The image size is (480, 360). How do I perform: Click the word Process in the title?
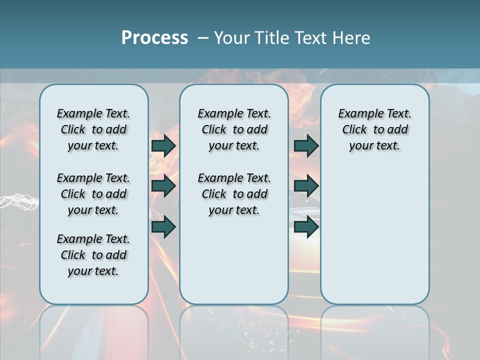(x=154, y=38)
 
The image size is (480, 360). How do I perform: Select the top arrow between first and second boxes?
(x=163, y=145)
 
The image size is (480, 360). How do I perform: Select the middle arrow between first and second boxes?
(x=163, y=186)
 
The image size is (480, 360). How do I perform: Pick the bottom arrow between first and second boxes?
(x=163, y=227)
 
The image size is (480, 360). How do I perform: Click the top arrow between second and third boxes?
(x=306, y=145)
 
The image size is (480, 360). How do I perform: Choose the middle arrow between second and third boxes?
(x=306, y=186)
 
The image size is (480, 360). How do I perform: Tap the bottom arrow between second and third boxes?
(x=306, y=227)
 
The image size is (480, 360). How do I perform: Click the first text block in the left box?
(x=93, y=129)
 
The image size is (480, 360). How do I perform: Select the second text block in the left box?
(x=93, y=194)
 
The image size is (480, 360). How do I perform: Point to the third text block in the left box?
(x=93, y=255)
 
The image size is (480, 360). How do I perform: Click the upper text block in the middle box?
(x=234, y=129)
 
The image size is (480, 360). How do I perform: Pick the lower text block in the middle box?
(x=234, y=194)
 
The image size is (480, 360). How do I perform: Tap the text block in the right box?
(x=375, y=129)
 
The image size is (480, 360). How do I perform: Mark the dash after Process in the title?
(x=202, y=38)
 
